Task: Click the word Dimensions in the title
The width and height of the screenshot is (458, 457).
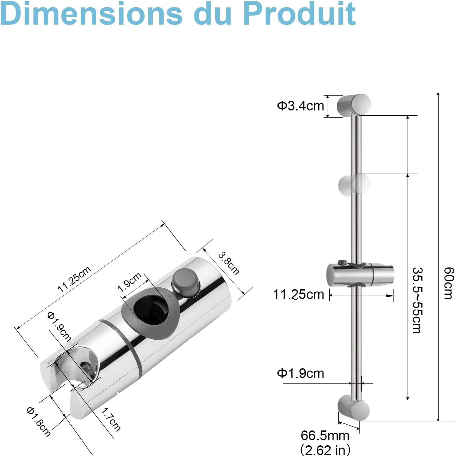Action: point(91,13)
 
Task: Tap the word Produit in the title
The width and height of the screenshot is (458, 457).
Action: point(299,13)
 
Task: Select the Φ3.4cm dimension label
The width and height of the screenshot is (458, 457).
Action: point(300,106)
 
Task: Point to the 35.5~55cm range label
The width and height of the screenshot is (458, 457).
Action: point(417,300)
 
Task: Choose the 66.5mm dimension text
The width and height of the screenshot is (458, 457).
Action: point(325,435)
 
